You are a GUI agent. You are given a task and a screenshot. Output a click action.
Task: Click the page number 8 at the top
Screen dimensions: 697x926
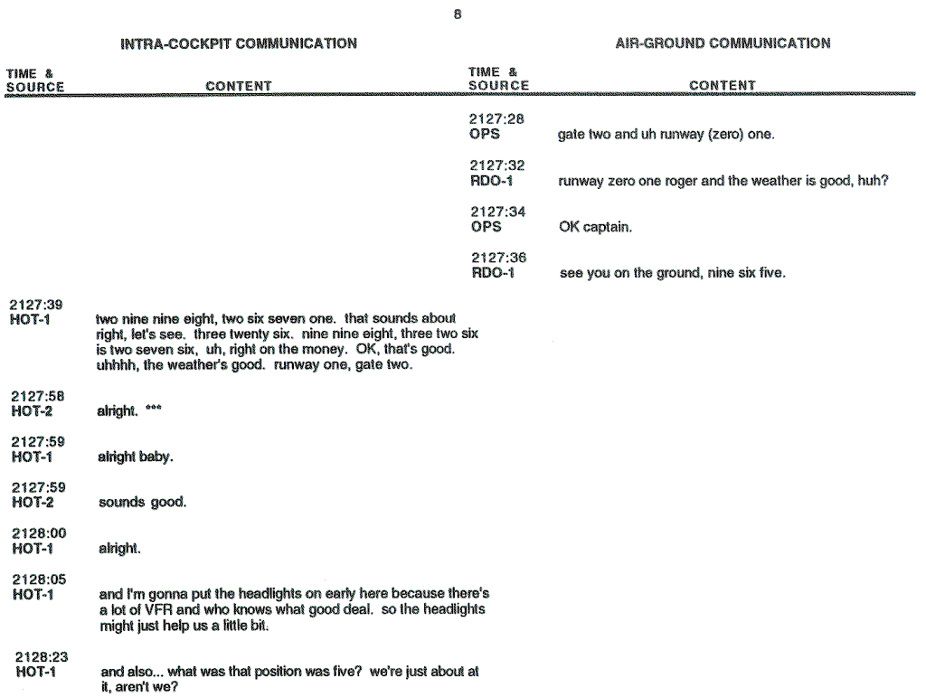click(458, 14)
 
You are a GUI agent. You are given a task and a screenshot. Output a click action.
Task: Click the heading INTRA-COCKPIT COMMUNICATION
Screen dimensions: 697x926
click(239, 43)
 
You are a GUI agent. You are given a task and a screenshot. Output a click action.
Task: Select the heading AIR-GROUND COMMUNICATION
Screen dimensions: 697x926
click(723, 42)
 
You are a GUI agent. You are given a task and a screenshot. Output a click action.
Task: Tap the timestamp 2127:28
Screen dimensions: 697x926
click(496, 118)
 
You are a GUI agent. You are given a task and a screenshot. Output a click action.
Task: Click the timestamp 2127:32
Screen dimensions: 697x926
click(496, 165)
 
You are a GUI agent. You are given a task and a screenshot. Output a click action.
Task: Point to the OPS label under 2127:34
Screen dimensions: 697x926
click(486, 227)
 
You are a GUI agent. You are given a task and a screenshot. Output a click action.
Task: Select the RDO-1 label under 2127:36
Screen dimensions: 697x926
click(493, 273)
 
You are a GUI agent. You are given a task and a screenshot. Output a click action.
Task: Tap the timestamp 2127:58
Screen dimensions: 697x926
click(37, 396)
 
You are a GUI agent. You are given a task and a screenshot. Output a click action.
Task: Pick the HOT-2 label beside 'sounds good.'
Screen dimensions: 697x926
click(33, 503)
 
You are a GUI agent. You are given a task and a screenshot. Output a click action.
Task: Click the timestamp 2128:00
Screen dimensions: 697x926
click(39, 533)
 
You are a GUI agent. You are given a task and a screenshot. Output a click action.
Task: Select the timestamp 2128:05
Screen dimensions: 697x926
click(39, 579)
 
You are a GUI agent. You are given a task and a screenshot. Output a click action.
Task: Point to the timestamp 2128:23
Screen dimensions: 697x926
click(42, 657)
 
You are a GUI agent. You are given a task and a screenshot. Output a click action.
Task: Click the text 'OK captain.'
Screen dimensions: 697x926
click(595, 227)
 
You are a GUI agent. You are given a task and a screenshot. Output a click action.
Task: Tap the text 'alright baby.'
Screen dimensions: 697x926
click(135, 457)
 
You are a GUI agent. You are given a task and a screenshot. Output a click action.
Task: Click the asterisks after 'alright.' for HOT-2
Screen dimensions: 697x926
click(154, 410)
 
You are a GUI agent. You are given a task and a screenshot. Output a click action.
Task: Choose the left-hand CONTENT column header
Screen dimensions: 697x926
click(239, 87)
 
